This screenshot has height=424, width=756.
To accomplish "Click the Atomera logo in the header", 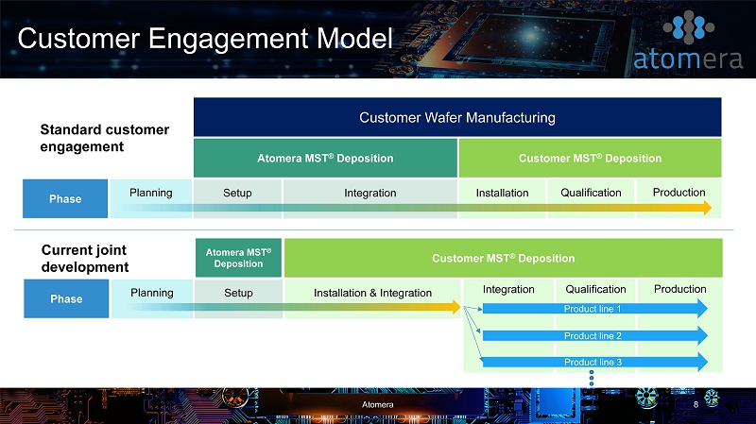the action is (x=688, y=41).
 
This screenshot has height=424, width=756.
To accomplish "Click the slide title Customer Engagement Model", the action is (x=205, y=39).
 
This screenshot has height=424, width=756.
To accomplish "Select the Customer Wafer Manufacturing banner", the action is (x=457, y=117).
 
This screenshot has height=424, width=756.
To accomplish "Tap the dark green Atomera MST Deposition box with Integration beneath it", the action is (x=325, y=158).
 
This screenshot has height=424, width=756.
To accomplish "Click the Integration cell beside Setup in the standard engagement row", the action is (x=370, y=198).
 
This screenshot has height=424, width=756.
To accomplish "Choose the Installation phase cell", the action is (x=502, y=198).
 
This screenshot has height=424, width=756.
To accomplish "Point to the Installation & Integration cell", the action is (x=372, y=298).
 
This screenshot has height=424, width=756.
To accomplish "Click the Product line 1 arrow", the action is (x=595, y=309).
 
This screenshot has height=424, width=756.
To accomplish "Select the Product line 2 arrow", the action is (x=595, y=335).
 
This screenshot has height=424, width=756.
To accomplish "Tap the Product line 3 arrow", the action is (x=595, y=362).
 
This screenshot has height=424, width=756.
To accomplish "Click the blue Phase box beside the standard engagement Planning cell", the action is (x=65, y=198).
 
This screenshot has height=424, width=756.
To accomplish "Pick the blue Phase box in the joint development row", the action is (x=66, y=298).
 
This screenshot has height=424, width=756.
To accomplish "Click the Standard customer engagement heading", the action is (x=105, y=138).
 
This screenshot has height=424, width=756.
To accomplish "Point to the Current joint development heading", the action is (x=85, y=258).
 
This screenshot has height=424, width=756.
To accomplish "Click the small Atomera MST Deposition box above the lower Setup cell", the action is (x=238, y=258).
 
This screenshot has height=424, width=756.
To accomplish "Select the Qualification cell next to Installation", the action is (x=591, y=198).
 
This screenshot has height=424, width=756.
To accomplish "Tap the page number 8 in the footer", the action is (x=696, y=405).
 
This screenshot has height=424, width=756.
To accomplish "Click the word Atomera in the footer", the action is (x=377, y=405).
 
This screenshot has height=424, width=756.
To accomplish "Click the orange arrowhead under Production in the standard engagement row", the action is (x=707, y=208).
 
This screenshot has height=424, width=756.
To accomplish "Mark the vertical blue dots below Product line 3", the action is (x=592, y=379).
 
